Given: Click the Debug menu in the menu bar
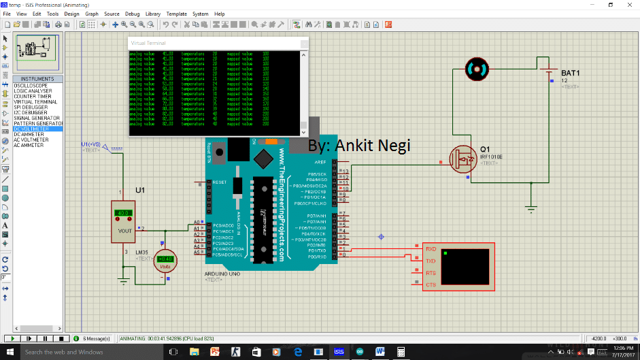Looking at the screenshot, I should pos(132,14).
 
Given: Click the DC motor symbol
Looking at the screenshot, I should pos(476,68).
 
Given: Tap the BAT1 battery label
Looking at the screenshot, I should pos(570,72).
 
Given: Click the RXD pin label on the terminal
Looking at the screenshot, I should pos(431,250).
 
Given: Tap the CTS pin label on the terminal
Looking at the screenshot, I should pos(431,284).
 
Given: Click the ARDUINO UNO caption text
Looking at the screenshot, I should pos(222,273).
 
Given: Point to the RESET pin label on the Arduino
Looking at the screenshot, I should pos(219,182).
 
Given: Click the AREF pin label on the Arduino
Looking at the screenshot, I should pos(320,163).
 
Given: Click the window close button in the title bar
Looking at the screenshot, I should pos(627,4).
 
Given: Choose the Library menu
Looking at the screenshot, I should pos(153,14).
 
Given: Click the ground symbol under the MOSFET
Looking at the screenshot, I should pos(531,208).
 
